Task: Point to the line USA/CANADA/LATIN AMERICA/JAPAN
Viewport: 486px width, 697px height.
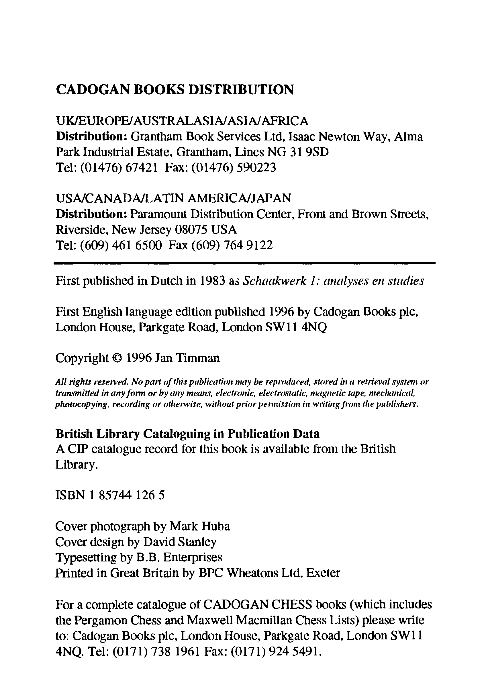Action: (x=173, y=198)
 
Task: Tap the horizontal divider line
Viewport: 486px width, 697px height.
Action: (x=244, y=263)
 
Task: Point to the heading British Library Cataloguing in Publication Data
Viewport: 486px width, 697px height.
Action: (x=187, y=434)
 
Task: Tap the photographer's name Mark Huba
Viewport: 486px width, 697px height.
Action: (x=199, y=526)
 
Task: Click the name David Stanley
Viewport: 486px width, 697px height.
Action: (x=180, y=542)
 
